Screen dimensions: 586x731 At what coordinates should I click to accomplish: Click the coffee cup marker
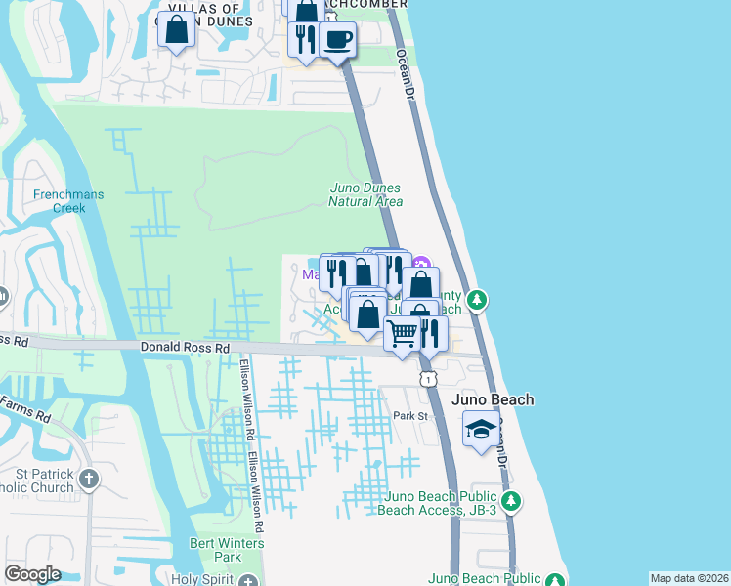coord(338,41)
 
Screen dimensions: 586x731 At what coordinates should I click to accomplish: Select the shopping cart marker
coord(403,335)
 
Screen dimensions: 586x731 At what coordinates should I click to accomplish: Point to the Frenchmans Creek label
coord(68,200)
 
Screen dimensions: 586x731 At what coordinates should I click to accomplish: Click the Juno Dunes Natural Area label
coord(365,194)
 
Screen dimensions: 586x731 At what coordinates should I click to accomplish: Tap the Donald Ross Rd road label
coord(185,347)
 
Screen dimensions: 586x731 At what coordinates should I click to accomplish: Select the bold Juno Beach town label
coord(493,399)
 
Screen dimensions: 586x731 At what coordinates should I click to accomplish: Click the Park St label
coord(411,416)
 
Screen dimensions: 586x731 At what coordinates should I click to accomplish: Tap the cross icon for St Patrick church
coord(90,479)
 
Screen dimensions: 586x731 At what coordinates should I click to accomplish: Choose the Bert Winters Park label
coord(228,550)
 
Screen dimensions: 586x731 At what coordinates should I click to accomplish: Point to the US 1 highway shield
coord(427,377)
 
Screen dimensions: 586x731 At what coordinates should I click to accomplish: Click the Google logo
coord(32,574)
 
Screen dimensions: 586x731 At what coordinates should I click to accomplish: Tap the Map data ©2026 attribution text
coord(688,578)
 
